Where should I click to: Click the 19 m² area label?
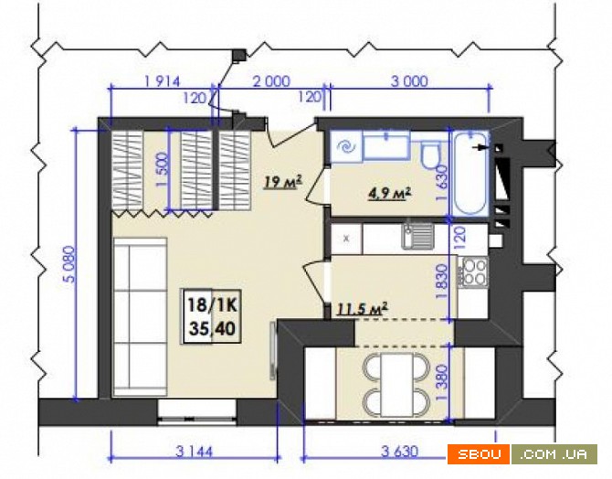tap(283, 182)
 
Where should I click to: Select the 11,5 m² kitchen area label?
tap(362, 309)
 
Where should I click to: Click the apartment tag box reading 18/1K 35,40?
tap(212, 316)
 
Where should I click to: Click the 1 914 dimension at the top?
tap(163, 82)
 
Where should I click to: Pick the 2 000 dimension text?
tap(271, 81)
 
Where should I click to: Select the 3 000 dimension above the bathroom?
tap(409, 81)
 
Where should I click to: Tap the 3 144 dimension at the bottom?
tap(194, 452)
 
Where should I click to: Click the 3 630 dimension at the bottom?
tap(399, 452)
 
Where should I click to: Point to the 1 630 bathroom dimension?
tap(442, 183)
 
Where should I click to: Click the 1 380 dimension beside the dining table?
tap(443, 383)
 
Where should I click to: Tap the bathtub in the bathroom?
tap(470, 174)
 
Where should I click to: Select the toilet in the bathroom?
tap(430, 154)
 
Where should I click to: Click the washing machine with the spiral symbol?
tap(346, 147)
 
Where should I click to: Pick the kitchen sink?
tap(418, 236)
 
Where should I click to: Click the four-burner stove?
tap(473, 271)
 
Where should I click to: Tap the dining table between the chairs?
tap(397, 385)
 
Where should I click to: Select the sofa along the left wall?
tap(140, 317)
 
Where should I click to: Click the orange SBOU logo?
tap(479, 454)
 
